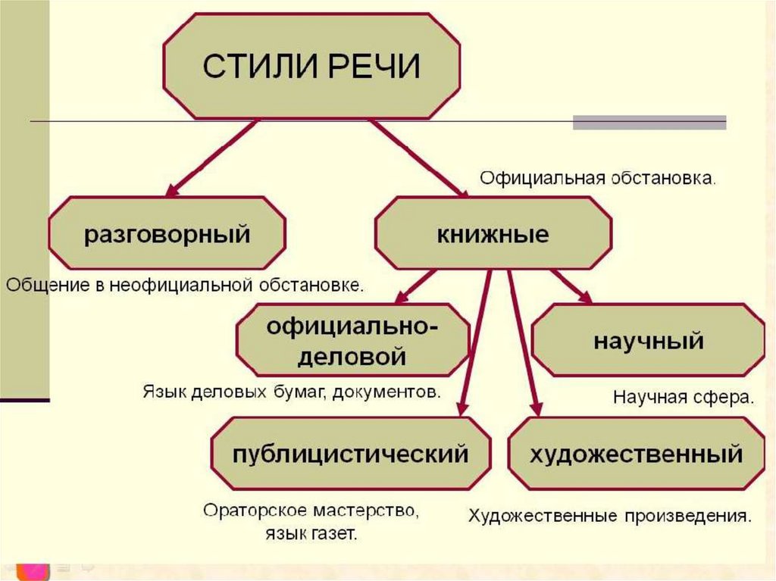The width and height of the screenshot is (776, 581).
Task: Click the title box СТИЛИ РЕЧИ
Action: [311, 67]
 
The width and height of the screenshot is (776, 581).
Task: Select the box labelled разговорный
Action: [167, 233]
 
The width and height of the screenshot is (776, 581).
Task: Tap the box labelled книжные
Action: [493, 233]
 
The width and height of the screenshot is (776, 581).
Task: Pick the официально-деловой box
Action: [352, 341]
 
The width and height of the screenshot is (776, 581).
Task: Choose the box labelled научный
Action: [648, 340]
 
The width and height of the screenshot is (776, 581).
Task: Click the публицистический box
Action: [351, 454]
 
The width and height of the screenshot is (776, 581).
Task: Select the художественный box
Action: [635, 454]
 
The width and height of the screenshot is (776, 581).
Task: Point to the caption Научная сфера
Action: [683, 398]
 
